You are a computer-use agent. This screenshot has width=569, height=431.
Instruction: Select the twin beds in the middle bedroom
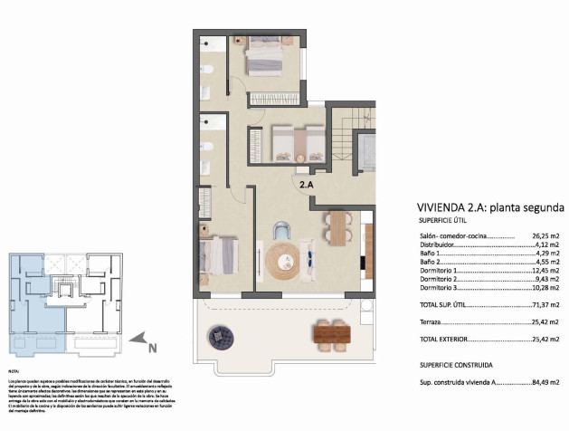(298, 142)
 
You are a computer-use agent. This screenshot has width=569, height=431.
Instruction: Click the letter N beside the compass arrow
(153, 344)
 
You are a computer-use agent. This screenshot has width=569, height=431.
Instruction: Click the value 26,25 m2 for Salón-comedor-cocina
(545, 234)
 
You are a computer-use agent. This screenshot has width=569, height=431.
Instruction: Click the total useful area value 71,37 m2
(545, 304)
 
